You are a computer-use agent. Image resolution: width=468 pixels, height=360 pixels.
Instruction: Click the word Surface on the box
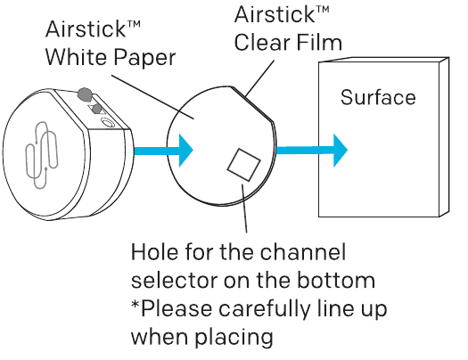378,97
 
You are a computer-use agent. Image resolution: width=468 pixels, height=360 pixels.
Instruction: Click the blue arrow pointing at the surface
312,150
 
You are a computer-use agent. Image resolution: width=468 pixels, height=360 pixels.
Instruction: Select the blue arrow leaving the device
163,151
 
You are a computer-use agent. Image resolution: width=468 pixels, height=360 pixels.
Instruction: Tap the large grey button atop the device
85,94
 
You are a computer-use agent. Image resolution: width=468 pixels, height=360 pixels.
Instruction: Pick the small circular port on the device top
108,123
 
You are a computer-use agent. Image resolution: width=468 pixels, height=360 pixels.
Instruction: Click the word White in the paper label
78,57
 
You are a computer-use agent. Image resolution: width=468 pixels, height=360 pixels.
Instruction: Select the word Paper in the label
145,59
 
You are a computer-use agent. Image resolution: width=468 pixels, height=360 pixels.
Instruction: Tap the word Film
319,42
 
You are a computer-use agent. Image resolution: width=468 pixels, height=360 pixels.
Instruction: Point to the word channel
303,251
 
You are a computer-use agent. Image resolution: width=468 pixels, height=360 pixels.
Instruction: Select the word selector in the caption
174,280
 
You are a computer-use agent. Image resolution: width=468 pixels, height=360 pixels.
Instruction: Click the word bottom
336,280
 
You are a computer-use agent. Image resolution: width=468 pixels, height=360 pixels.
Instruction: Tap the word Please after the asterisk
177,307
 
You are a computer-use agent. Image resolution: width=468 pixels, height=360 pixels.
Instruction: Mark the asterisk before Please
135,304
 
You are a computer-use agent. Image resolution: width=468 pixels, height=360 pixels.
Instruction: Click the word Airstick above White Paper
93,29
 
